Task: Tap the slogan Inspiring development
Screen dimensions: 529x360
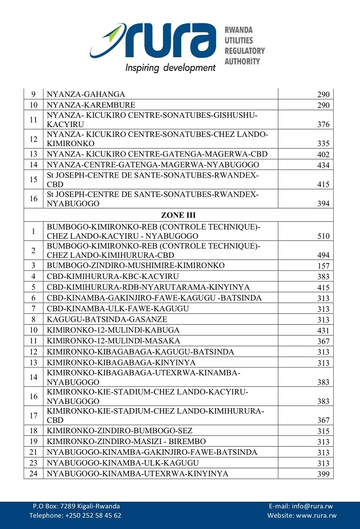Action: tap(170, 67)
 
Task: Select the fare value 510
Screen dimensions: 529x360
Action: tap(322, 236)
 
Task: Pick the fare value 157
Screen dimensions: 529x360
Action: tap(322, 266)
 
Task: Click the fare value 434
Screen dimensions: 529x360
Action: tap(322, 165)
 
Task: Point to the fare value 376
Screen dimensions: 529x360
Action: tap(322, 125)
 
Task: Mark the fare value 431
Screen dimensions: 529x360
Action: tap(322, 330)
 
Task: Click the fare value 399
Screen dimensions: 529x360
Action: tap(322, 474)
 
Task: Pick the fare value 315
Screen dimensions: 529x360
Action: tap(322, 431)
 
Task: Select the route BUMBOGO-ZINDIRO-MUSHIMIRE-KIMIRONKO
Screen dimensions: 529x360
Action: tap(136, 266)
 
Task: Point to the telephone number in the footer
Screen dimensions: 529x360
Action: tap(75, 516)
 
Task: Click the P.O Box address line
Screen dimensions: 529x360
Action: tap(76, 506)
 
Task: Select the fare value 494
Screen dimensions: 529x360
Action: tap(322, 255)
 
